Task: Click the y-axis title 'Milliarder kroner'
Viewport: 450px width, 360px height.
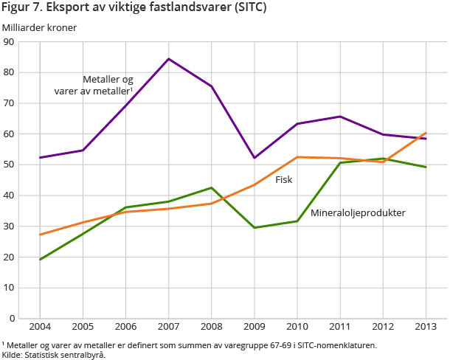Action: tap(39, 28)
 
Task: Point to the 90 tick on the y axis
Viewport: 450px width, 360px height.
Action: tap(10, 42)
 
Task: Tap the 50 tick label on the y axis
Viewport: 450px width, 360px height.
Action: tap(10, 165)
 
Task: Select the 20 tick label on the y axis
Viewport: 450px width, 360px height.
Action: tap(10, 257)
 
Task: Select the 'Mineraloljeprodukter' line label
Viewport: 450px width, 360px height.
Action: tap(358, 213)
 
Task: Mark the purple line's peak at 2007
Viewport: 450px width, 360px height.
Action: tap(169, 59)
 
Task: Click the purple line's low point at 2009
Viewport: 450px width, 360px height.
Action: tap(255, 158)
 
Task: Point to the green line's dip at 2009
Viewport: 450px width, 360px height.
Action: tap(255, 227)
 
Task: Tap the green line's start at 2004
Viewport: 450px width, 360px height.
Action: tap(40, 259)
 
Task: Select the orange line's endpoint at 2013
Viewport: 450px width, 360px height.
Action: tap(426, 134)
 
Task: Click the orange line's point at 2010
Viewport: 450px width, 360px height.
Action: tap(297, 156)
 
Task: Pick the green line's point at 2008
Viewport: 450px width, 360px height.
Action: tap(212, 187)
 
